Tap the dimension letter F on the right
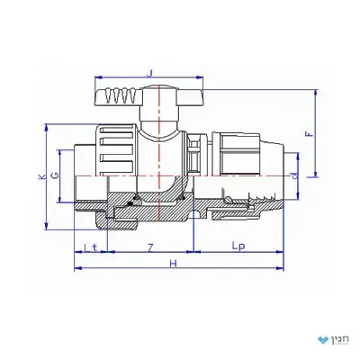[x=310, y=134]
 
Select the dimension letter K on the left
[x=43, y=176]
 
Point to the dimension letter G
[x=56, y=175]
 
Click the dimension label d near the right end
[x=296, y=176]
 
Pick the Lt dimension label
[x=91, y=247]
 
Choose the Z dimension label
[x=151, y=247]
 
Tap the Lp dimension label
[x=238, y=247]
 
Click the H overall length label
[x=173, y=264]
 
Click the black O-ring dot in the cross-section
[x=130, y=204]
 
